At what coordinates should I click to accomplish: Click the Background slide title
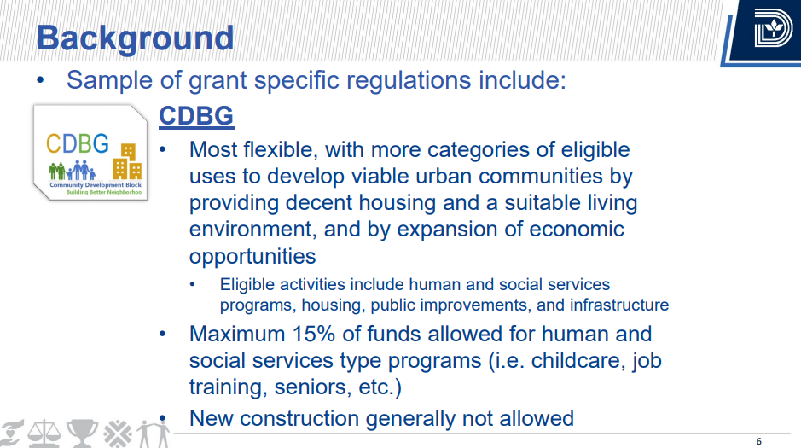[x=135, y=38]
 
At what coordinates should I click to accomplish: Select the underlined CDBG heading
[x=196, y=115]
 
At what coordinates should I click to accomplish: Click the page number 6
[x=758, y=441]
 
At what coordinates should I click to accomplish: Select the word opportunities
[x=252, y=257]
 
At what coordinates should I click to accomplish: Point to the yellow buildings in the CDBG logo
[x=127, y=161]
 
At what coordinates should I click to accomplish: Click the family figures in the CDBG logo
[x=72, y=171]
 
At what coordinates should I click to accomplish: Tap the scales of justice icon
[x=44, y=433]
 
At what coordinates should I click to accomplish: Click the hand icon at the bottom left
[x=11, y=433]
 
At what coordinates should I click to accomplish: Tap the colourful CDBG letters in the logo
[x=77, y=143]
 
